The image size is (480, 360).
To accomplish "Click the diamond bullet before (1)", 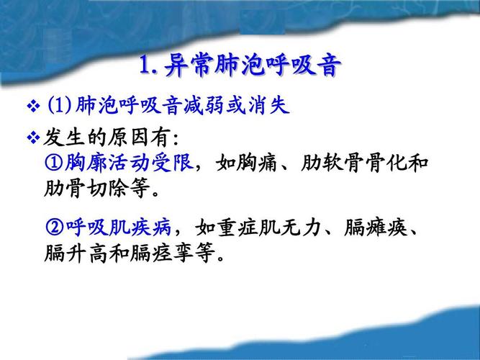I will [32, 107].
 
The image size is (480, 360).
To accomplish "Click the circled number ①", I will [54, 163].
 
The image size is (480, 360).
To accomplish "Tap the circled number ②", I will [54, 228].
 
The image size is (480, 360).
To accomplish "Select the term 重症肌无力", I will [262, 228].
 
